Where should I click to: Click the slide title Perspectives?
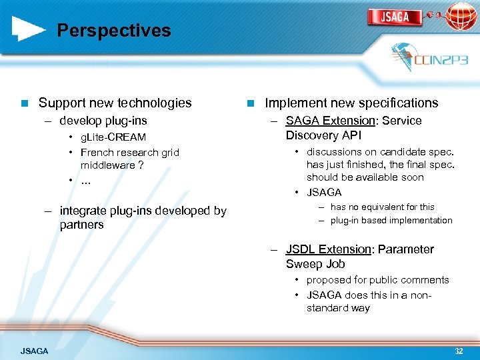pyautogui.click(x=113, y=31)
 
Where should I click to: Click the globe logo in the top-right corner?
pyautogui.click(x=461, y=16)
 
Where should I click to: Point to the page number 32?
pyautogui.click(x=459, y=351)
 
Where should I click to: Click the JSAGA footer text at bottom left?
pyautogui.click(x=35, y=351)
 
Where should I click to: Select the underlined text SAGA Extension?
pyautogui.click(x=330, y=121)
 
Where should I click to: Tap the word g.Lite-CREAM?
pyautogui.click(x=113, y=137)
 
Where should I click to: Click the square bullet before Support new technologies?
pyautogui.click(x=24, y=103)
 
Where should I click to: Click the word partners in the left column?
pyautogui.click(x=81, y=225)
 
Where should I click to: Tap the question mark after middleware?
pyautogui.click(x=141, y=165)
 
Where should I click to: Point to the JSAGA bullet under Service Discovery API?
pyautogui.click(x=324, y=192)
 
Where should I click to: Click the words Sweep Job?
pyautogui.click(x=315, y=264)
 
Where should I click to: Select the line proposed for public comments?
pyautogui.click(x=377, y=280)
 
